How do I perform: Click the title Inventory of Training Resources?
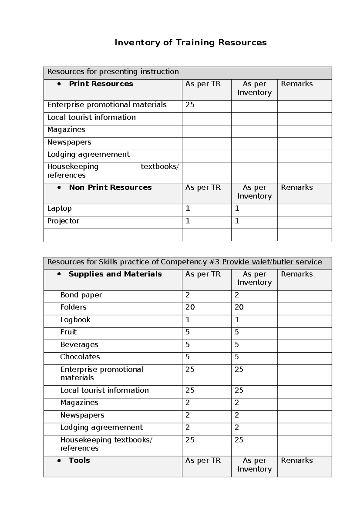(x=190, y=43)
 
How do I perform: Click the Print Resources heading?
(x=101, y=84)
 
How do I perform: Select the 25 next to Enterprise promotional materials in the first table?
(x=190, y=105)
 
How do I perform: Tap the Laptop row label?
(x=59, y=208)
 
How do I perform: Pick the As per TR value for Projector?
(x=188, y=221)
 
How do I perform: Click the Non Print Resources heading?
(x=110, y=188)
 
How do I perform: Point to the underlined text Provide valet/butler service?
(x=272, y=262)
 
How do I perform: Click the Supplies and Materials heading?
(x=115, y=274)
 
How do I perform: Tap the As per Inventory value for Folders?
(x=239, y=307)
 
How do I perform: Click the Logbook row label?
(x=75, y=320)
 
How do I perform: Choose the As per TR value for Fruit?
(x=187, y=332)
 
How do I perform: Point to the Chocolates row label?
(x=80, y=357)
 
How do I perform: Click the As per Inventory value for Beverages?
(x=237, y=345)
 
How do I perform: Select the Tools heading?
(x=79, y=460)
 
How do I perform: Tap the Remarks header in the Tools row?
(x=297, y=460)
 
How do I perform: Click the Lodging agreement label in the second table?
(x=101, y=427)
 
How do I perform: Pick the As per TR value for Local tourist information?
(x=190, y=390)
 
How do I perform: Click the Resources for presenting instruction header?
(x=113, y=72)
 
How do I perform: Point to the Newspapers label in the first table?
(x=69, y=142)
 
